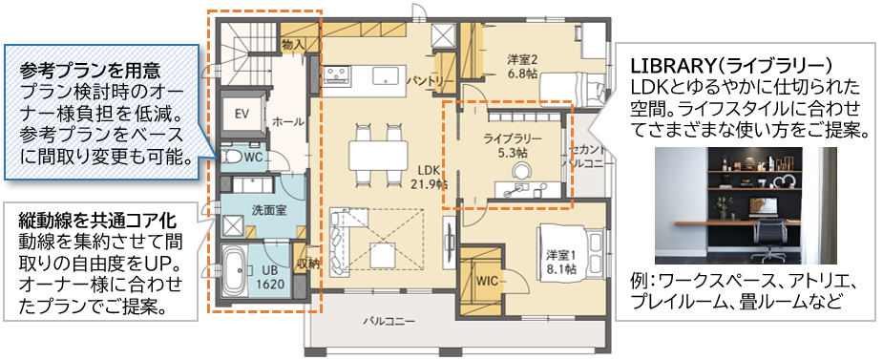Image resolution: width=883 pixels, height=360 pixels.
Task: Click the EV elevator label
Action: coord(242,114)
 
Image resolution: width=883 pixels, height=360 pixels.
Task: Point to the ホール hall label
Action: coord(288,122)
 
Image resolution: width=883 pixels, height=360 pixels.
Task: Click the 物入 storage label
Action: coord(293,44)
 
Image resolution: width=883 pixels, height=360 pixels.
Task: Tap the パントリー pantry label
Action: coord(426,82)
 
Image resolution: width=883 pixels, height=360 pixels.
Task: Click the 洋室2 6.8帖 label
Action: coord(523,65)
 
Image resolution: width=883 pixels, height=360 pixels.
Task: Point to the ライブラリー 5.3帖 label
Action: coord(513,144)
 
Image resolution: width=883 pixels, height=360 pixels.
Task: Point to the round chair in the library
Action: coord(521,171)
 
